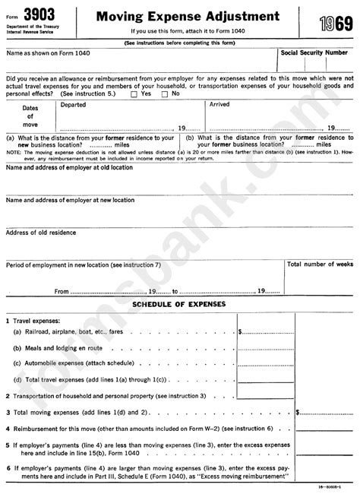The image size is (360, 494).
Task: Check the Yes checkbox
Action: [x=135, y=93]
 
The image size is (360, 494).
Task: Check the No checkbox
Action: [x=166, y=93]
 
